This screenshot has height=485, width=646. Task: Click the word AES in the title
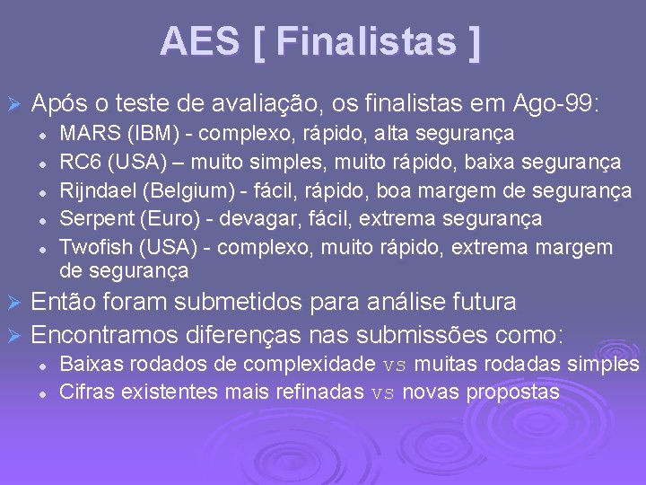click(200, 41)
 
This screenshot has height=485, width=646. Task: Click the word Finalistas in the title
click(367, 41)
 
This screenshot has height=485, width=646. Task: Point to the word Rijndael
click(96, 190)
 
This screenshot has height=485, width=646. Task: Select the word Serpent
click(92, 218)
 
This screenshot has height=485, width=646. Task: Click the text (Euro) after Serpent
click(157, 218)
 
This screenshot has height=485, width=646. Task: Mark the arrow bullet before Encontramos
click(13, 337)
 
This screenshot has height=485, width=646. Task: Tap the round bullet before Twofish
click(42, 248)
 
